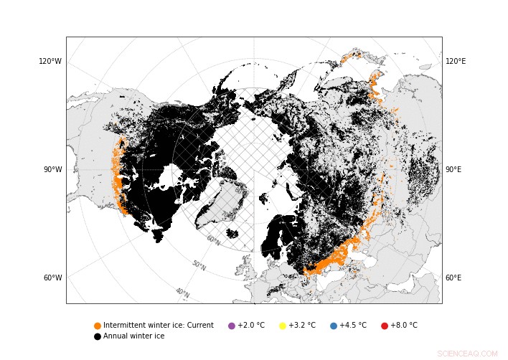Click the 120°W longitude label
pyautogui.click(x=50, y=62)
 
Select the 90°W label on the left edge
pyautogui.click(x=52, y=170)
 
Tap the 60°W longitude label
pyautogui.click(x=52, y=278)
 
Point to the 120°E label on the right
pyautogui.click(x=456, y=62)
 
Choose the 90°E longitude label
pyautogui.click(x=454, y=170)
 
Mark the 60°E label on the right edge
pyautogui.click(x=454, y=278)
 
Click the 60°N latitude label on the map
pyautogui.click(x=214, y=241)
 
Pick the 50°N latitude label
pyautogui.click(x=199, y=265)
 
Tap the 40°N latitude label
pyautogui.click(x=182, y=293)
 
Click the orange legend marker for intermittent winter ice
pyautogui.click(x=98, y=326)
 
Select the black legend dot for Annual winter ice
pyautogui.click(x=98, y=336)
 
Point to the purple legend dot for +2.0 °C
pyautogui.click(x=232, y=326)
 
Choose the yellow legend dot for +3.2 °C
pyautogui.click(x=283, y=326)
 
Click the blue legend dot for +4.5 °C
pyautogui.click(x=334, y=326)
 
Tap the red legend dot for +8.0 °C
pyautogui.click(x=385, y=326)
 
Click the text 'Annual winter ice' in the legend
pyautogui.click(x=133, y=336)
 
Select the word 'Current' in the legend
pyautogui.click(x=199, y=326)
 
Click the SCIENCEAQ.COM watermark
pyautogui.click(x=467, y=354)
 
